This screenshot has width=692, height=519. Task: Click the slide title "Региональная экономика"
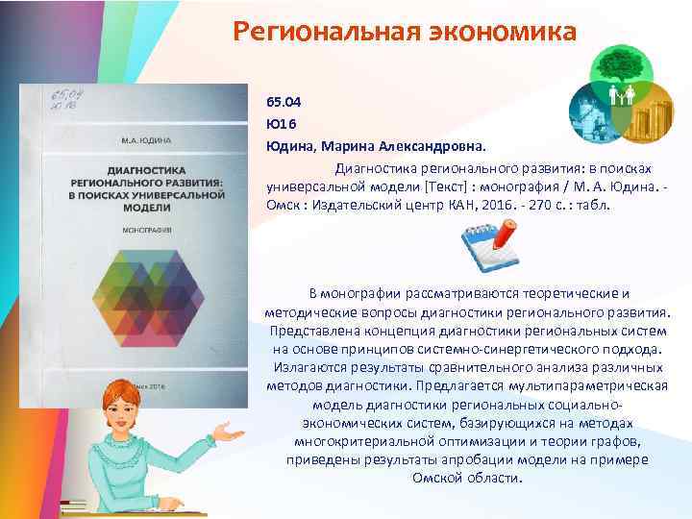[405, 33]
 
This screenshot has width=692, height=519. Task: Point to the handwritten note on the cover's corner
[64, 99]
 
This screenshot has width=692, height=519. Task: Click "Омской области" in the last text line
[465, 478]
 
